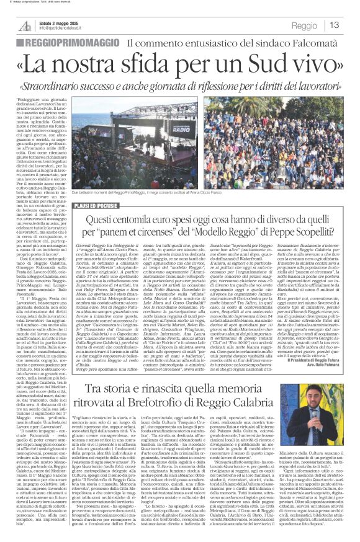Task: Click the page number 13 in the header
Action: click(x=334, y=25)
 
